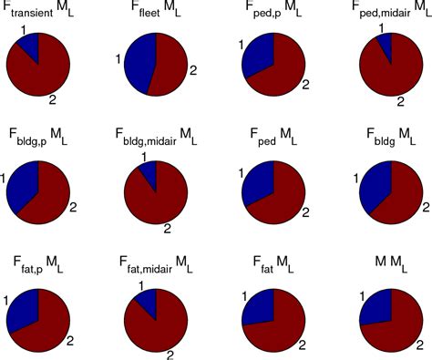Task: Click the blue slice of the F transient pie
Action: pyautogui.click(x=28, y=45)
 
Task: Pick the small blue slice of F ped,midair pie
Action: pyautogui.click(x=386, y=42)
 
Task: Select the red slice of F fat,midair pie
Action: pyautogui.click(x=159, y=319)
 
